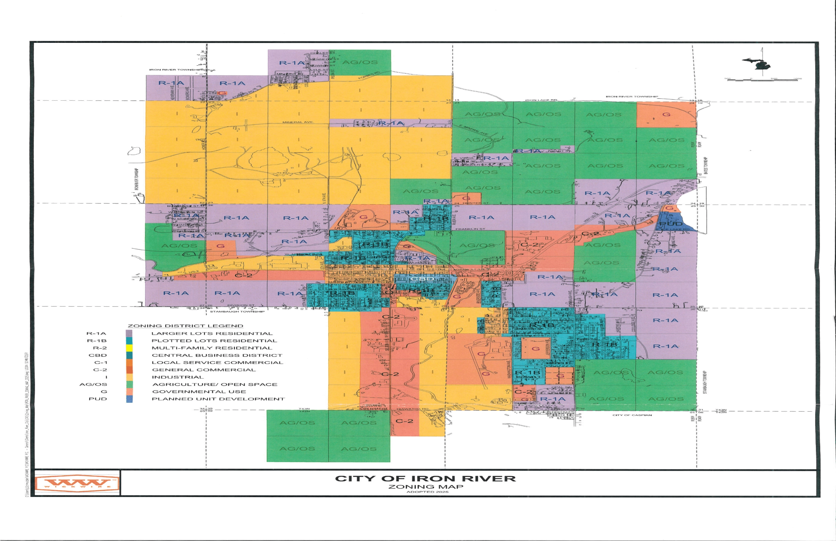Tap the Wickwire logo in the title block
78,484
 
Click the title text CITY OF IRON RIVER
425,479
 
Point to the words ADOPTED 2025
427,492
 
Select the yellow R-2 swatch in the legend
129,348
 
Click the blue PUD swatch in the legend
129,399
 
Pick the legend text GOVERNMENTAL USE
199,391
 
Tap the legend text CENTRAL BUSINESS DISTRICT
217,355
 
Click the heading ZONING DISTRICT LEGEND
185,326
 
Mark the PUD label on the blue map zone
671,224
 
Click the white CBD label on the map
422,279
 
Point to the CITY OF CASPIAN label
632,415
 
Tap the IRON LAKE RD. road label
541,100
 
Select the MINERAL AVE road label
297,122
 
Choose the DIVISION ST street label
241,305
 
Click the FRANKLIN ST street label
470,229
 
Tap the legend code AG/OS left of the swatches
93,384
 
